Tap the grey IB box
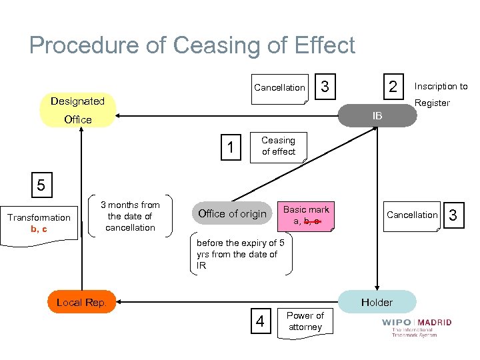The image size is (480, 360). point(377,116)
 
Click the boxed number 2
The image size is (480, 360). point(393,87)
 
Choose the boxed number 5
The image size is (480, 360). point(41,185)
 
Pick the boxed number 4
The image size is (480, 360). point(260,322)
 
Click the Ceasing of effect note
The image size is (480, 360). point(279,146)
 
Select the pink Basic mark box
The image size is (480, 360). point(306,215)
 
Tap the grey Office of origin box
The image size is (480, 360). point(232,214)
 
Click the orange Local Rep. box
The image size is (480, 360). point(82,302)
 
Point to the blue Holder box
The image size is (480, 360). point(377,302)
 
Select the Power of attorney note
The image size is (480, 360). point(305,321)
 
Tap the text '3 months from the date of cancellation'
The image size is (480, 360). point(130,216)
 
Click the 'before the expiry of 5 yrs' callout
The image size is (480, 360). point(241,254)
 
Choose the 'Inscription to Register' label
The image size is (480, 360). point(441,94)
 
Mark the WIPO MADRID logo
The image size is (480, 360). point(416,327)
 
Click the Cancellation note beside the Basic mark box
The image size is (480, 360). point(412,215)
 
